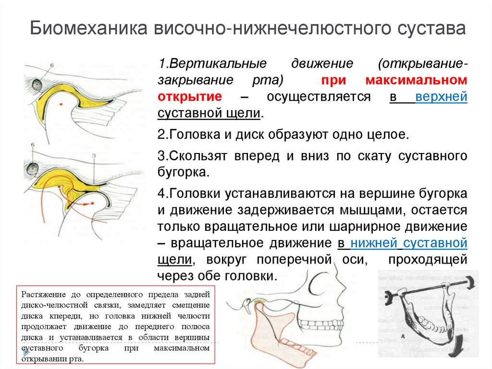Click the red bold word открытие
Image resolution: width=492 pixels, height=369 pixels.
(x=189, y=96)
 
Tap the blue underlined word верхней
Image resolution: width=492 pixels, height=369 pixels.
(x=442, y=96)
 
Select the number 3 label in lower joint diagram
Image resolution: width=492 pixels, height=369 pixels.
(x=94, y=155)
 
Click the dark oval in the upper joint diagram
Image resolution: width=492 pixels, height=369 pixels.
(x=36, y=85)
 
